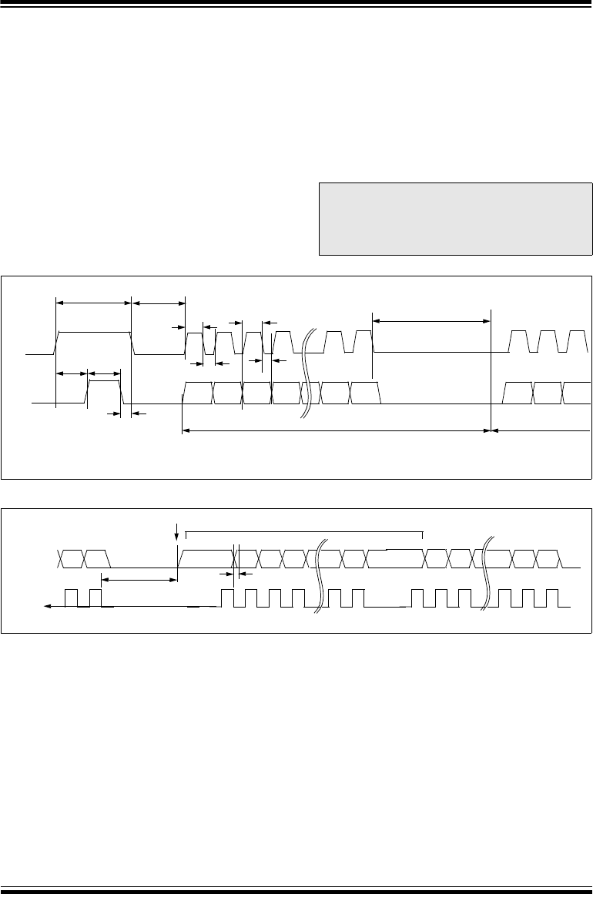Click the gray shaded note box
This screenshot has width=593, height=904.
pyautogui.click(x=454, y=219)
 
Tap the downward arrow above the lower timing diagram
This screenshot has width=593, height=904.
pyautogui.click(x=178, y=531)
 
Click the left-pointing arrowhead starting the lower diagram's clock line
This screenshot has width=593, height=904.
pyautogui.click(x=48, y=607)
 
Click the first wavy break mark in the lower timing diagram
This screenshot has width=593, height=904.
pyautogui.click(x=320, y=576)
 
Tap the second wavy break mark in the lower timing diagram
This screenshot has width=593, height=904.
pyautogui.click(x=487, y=576)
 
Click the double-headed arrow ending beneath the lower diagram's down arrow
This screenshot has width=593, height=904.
pyautogui.click(x=139, y=580)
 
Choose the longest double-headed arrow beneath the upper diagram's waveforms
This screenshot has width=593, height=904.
pyautogui.click(x=336, y=431)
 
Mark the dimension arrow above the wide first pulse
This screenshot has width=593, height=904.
pyautogui.click(x=94, y=303)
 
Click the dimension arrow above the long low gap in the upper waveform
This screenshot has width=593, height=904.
pyautogui.click(x=431, y=320)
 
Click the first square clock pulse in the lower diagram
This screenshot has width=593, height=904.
pyautogui.click(x=72, y=598)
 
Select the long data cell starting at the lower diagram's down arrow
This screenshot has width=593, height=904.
pyautogui.click(x=206, y=557)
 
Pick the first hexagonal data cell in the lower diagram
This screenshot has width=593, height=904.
pyautogui.click(x=71, y=557)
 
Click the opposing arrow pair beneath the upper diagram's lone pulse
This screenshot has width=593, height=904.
pyautogui.click(x=126, y=414)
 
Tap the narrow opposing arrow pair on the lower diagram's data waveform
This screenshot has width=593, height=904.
pyautogui.click(x=236, y=574)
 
